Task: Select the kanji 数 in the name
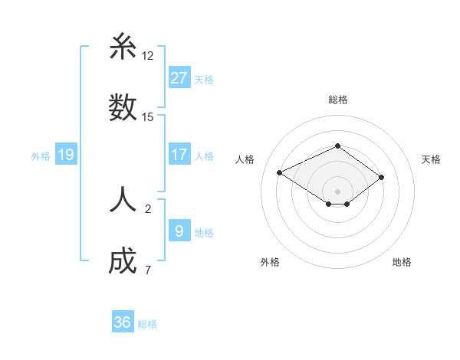click(x=123, y=108)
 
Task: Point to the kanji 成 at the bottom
click(x=123, y=261)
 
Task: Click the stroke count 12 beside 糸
click(x=148, y=56)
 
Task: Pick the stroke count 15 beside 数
click(x=148, y=117)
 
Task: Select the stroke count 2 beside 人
click(x=148, y=208)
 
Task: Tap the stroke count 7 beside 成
click(x=147, y=270)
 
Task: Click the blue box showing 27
click(x=179, y=77)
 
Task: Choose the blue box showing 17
click(x=179, y=155)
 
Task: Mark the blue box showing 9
click(x=179, y=230)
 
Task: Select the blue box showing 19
click(x=66, y=155)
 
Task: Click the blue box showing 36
click(x=123, y=322)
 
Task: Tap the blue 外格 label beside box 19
click(x=41, y=155)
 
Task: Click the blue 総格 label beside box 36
click(x=147, y=324)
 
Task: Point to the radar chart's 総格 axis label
click(x=338, y=100)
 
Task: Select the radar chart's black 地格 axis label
click(x=402, y=262)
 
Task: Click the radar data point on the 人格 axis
click(x=280, y=172)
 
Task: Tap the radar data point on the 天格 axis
click(x=381, y=177)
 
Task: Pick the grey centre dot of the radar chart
click(x=338, y=191)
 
